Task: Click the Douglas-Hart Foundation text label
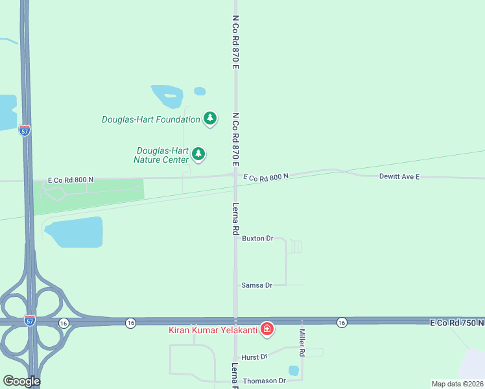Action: (x=150, y=119)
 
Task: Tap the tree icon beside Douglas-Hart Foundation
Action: (x=209, y=118)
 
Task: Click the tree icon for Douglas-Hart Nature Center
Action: (x=198, y=154)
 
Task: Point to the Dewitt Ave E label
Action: (x=399, y=176)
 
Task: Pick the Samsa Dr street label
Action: (x=255, y=285)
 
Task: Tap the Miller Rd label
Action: (x=302, y=342)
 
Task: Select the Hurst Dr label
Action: (x=254, y=357)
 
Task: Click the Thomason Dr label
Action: (x=264, y=381)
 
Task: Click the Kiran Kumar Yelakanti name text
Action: (x=213, y=330)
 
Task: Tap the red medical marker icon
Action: (x=266, y=329)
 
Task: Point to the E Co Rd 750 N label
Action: (x=456, y=322)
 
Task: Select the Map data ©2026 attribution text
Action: (x=456, y=384)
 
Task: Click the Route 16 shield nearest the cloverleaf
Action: (x=63, y=323)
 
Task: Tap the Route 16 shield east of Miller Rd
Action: (x=341, y=322)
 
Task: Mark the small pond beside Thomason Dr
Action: (x=294, y=371)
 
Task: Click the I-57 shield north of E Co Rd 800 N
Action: (x=24, y=130)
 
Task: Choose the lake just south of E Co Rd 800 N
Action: (x=75, y=233)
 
